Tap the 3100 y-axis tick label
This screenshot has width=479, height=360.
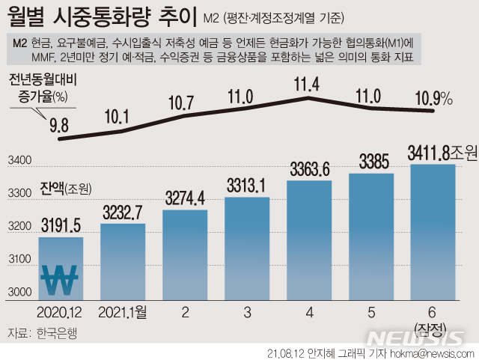coord(19,259)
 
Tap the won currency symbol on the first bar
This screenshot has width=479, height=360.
coord(59,281)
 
